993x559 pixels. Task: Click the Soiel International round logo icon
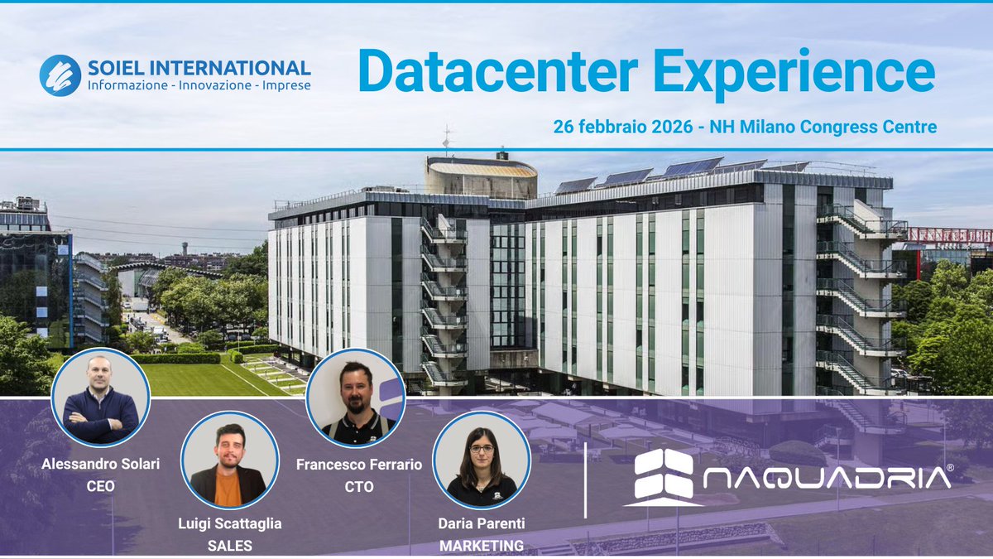60,75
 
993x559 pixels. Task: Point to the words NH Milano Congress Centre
827,128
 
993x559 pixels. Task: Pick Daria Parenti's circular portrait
482,459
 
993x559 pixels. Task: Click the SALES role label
229,544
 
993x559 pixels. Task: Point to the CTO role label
358,486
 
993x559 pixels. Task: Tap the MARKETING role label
482,545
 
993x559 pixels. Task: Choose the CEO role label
100,486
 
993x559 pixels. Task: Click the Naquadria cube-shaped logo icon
659,476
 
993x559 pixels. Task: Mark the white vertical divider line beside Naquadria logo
585,480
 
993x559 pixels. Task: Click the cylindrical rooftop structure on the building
481,176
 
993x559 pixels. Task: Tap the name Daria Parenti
482,523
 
